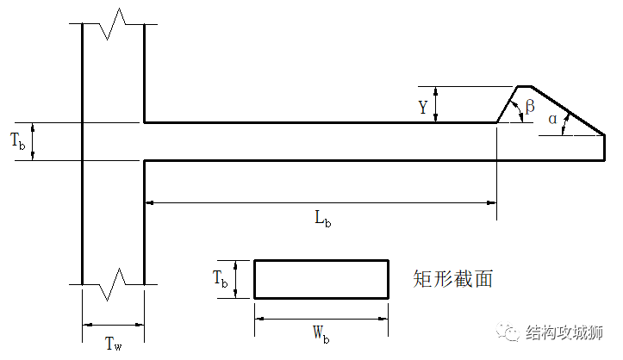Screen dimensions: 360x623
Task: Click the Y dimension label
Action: click(422, 107)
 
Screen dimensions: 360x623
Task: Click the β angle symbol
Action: click(530, 106)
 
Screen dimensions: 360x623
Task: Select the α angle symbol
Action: click(552, 119)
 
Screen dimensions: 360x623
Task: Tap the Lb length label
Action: click(322, 217)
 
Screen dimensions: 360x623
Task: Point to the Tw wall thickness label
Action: click(112, 344)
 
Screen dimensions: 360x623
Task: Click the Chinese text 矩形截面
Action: click(452, 278)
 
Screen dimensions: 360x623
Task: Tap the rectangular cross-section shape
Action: click(321, 279)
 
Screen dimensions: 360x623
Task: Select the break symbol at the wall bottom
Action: click(113, 283)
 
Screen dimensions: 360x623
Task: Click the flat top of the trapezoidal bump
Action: click(525, 87)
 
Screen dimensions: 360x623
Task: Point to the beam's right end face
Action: click(603, 147)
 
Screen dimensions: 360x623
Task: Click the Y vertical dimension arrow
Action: click(437, 104)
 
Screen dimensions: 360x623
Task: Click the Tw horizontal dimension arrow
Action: click(112, 325)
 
